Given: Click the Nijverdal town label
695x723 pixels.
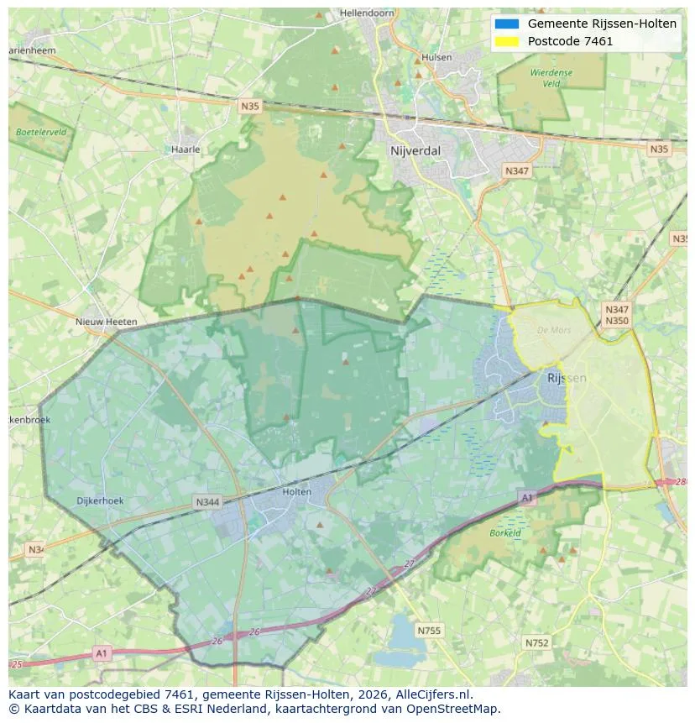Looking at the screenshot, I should (x=415, y=151).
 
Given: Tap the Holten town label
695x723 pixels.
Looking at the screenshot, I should (x=297, y=492).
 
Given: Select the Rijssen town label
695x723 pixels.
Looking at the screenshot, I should (x=567, y=378).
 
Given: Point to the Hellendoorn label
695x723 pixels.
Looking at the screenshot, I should (x=367, y=14).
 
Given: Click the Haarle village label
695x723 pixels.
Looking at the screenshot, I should (x=185, y=149).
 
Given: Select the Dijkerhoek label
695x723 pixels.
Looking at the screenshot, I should (x=100, y=500).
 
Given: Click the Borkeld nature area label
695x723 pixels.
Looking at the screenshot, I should (x=505, y=532).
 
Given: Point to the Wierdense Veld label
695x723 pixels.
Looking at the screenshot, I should (x=551, y=78).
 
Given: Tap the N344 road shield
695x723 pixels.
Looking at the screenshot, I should (x=207, y=502).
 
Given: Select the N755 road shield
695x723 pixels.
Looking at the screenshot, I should (x=429, y=630).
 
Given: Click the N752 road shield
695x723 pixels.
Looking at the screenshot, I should (x=536, y=643).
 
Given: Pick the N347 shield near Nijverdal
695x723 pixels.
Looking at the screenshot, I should (x=517, y=170).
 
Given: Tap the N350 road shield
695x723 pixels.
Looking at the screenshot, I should (x=616, y=321).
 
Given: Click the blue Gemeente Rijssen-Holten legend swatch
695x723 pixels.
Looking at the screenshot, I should (x=507, y=24).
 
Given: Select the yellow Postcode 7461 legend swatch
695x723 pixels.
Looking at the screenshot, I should (x=507, y=41).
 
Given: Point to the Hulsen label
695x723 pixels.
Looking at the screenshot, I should (x=437, y=57).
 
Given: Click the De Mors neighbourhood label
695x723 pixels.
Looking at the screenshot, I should (x=553, y=330).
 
